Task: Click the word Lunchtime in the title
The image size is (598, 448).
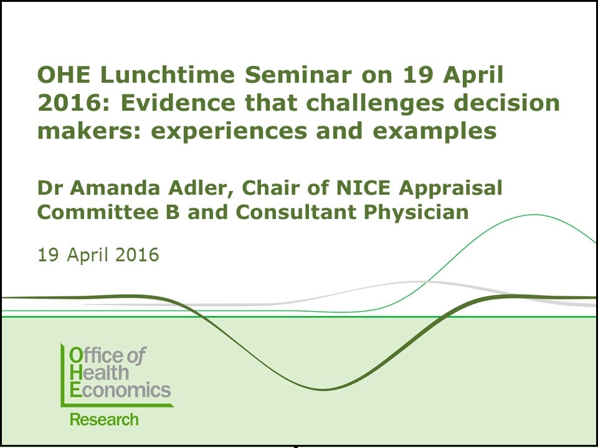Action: click(x=168, y=75)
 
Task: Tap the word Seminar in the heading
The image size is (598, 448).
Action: click(x=298, y=75)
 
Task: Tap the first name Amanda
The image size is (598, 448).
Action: click(x=115, y=188)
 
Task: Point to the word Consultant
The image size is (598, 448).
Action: click(x=296, y=212)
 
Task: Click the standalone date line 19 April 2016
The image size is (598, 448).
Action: click(x=98, y=255)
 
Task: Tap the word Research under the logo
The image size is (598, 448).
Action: click(x=104, y=419)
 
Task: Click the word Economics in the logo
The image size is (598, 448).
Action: click(x=120, y=390)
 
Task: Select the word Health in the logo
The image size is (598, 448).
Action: click(x=99, y=373)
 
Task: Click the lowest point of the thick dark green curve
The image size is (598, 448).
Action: click(x=323, y=390)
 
